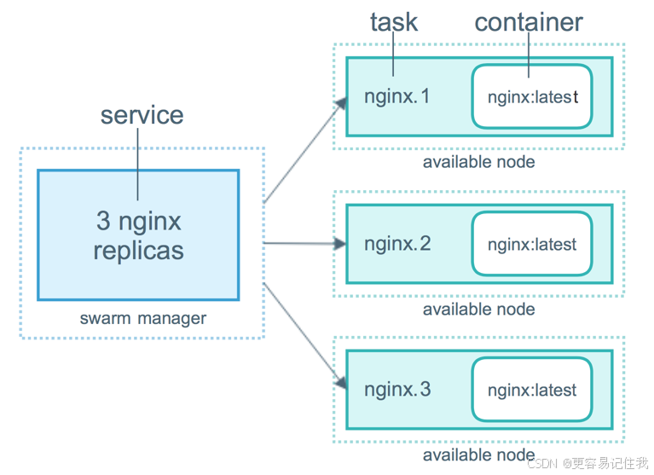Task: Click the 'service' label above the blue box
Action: [x=142, y=115]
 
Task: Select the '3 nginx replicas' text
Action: [x=139, y=236]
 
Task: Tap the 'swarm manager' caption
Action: [x=142, y=319]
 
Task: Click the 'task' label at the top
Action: [x=394, y=22]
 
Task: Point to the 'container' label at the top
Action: [x=529, y=22]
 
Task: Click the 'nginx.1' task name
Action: [x=397, y=96]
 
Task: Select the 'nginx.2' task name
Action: [x=397, y=244]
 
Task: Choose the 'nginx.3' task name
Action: [x=397, y=390]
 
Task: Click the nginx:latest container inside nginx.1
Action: [x=532, y=96]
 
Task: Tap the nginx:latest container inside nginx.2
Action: [x=532, y=245]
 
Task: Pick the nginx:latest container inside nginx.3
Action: [x=532, y=391]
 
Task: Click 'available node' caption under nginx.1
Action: [x=478, y=162]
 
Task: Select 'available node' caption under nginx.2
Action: [x=478, y=309]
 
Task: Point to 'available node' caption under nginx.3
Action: [x=478, y=455]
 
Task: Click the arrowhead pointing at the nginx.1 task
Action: [x=341, y=103]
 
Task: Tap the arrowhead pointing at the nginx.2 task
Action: [x=340, y=245]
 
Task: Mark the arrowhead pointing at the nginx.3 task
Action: [x=340, y=383]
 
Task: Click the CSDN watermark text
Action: [x=588, y=463]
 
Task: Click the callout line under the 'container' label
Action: [x=529, y=51]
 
